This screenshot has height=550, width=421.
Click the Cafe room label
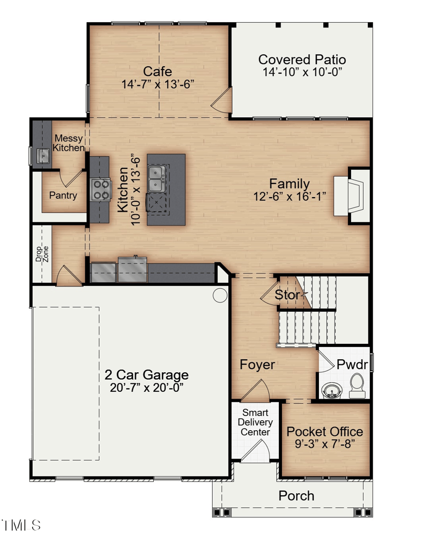(158, 72)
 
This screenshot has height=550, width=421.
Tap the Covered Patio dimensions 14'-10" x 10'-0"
(303, 73)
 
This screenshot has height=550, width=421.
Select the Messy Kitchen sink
(42, 155)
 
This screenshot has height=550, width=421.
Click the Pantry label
(63, 196)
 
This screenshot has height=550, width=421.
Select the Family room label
(289, 184)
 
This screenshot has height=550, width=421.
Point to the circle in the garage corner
(220, 295)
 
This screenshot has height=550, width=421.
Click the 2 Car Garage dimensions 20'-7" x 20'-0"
(146, 388)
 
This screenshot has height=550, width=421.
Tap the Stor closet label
(287, 295)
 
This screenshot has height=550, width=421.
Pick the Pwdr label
(352, 364)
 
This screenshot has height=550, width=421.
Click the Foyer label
(257, 364)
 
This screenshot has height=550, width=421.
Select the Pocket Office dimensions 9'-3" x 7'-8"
(325, 443)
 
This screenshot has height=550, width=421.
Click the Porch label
(296, 495)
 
